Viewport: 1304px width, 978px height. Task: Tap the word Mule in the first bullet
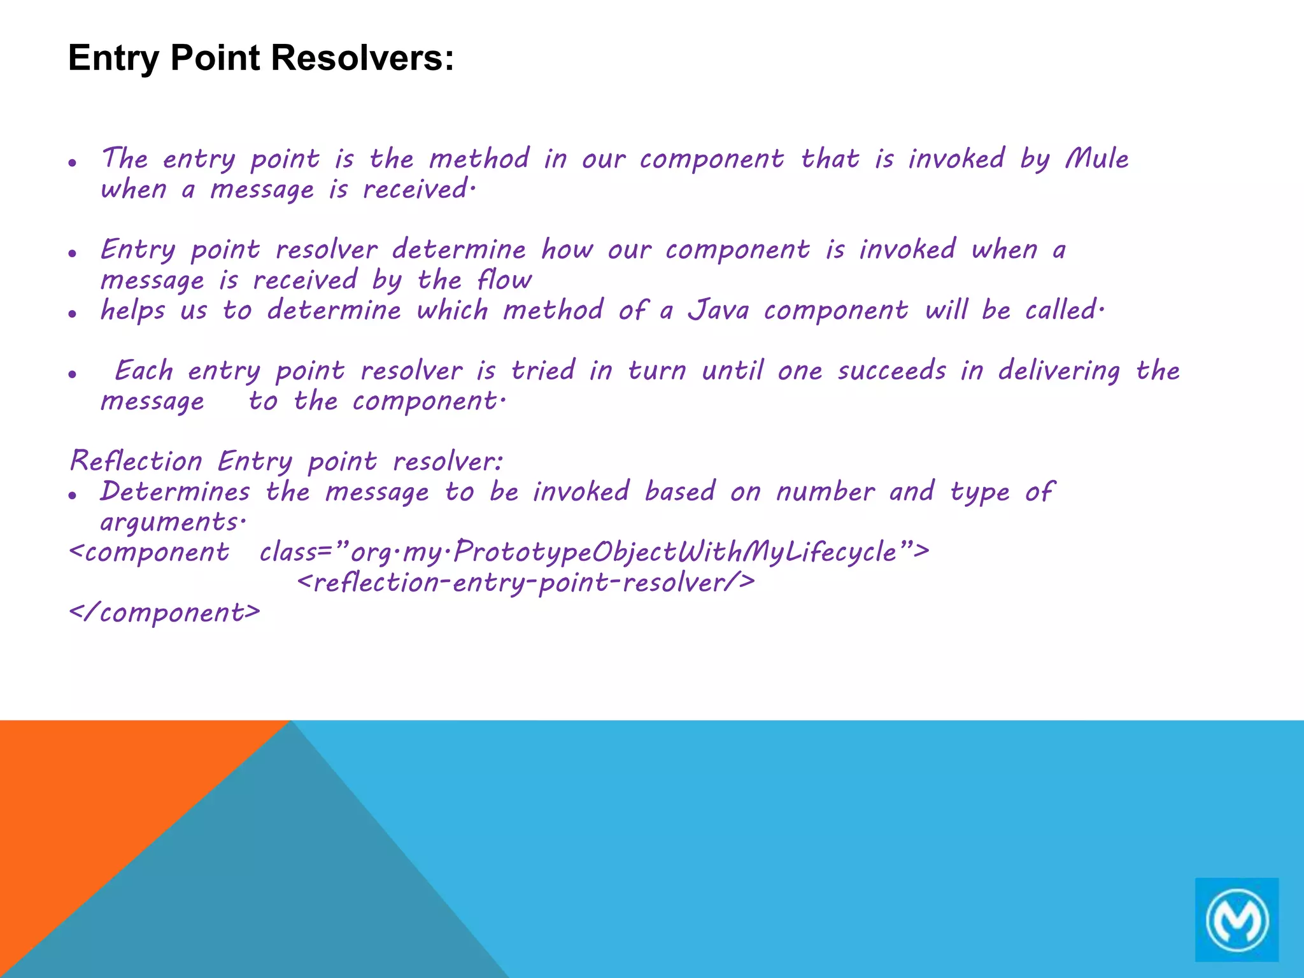pyautogui.click(x=1096, y=159)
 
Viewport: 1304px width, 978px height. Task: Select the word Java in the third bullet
pyautogui.click(x=718, y=310)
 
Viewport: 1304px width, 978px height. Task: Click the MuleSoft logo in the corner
pyautogui.click(x=1237, y=919)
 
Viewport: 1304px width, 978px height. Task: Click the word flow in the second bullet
pyautogui.click(x=504, y=280)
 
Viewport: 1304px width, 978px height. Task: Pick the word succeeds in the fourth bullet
pyautogui.click(x=891, y=371)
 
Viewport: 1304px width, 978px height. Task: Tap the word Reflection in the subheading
pyautogui.click(x=136, y=461)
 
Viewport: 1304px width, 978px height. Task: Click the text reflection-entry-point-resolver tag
pyautogui.click(x=526, y=583)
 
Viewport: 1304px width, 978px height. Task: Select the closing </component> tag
pyautogui.click(x=165, y=613)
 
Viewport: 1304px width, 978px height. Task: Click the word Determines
pyautogui.click(x=175, y=492)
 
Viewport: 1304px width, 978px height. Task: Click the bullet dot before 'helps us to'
pyautogui.click(x=73, y=313)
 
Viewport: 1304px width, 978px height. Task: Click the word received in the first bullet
pyautogui.click(x=417, y=190)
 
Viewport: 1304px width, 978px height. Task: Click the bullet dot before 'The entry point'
pyautogui.click(x=73, y=162)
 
